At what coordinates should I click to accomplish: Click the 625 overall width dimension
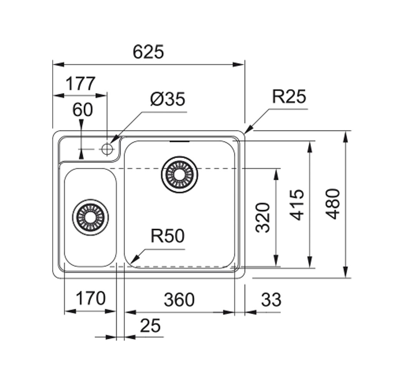click(x=149, y=52)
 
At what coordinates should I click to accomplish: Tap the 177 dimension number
click(x=81, y=83)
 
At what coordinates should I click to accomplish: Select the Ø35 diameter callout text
click(x=167, y=99)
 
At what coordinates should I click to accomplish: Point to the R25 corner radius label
click(x=289, y=96)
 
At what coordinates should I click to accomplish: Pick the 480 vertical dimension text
click(x=333, y=204)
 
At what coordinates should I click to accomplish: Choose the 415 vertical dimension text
click(x=297, y=205)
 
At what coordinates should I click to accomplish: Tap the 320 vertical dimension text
click(x=262, y=217)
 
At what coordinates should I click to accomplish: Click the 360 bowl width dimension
click(x=179, y=300)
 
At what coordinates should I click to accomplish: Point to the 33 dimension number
click(x=271, y=300)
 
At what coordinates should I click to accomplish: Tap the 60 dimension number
click(x=83, y=110)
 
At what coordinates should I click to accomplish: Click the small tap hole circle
click(x=107, y=149)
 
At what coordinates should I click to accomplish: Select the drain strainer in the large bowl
click(x=179, y=174)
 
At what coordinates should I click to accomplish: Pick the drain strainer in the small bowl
click(x=90, y=217)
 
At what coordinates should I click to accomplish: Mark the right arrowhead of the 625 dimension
click(x=239, y=65)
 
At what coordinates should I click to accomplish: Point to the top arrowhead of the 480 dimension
click(x=345, y=137)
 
